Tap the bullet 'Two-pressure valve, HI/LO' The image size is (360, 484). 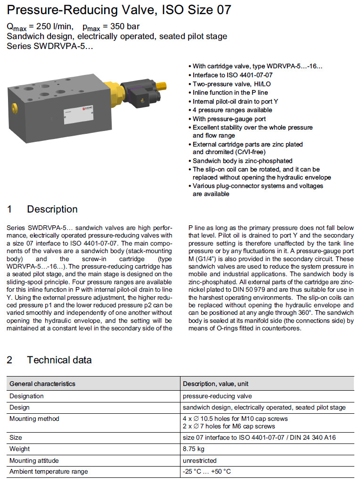click(232, 84)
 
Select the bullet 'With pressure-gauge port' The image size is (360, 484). click(229, 119)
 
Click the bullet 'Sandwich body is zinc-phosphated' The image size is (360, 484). click(242, 161)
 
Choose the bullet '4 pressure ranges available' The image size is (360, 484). click(232, 110)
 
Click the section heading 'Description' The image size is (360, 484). click(52, 209)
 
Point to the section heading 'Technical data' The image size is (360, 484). click(59, 360)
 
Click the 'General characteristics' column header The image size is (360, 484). click(42, 384)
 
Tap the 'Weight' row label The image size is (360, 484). click(19, 449)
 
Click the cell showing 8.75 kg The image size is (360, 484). click(193, 449)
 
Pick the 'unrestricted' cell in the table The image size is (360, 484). click(200, 460)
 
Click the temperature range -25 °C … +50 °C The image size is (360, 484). click(207, 471)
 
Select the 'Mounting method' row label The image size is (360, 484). click(34, 418)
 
